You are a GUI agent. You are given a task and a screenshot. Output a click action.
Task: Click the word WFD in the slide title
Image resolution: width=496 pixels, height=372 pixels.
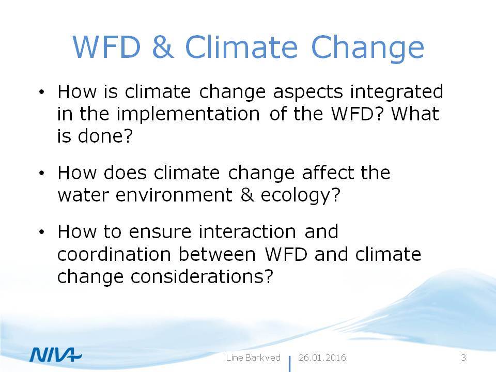pos(106,47)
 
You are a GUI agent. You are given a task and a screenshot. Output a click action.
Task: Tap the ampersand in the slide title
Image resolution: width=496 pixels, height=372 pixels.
pos(163,47)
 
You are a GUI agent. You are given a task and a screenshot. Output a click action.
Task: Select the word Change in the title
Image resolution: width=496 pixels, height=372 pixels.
pos(367,48)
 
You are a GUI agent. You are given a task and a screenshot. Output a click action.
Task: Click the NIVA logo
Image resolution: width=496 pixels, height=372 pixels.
pos(56,354)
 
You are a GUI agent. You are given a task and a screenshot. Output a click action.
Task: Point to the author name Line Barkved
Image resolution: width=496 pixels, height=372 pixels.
pos(253,358)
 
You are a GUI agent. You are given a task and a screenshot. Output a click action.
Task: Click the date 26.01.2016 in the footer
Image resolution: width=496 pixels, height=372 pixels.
pos(322,358)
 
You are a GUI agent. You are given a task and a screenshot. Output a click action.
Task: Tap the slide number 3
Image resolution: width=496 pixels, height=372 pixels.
pos(463,358)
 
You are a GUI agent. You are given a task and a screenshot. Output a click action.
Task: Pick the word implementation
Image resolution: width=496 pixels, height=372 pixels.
pos(188,115)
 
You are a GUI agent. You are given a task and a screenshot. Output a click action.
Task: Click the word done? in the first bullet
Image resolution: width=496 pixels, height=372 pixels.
pos(105,136)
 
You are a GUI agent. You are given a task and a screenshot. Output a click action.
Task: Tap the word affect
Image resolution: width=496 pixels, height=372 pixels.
pos(328,173)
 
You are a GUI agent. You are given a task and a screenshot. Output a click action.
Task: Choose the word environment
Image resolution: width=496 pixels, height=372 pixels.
pos(174,195)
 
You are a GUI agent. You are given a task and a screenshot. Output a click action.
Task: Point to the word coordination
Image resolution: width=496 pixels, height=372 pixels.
pos(114,254)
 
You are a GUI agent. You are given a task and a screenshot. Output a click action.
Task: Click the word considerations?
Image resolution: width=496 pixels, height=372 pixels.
pos(202,276)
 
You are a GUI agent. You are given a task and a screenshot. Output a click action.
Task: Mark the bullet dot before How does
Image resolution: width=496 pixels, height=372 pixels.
pos(41,173)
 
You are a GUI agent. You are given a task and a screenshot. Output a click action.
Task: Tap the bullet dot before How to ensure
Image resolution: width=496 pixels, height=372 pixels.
pos(41,232)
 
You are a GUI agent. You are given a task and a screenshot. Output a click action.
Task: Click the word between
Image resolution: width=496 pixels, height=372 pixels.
pos(218,254)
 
